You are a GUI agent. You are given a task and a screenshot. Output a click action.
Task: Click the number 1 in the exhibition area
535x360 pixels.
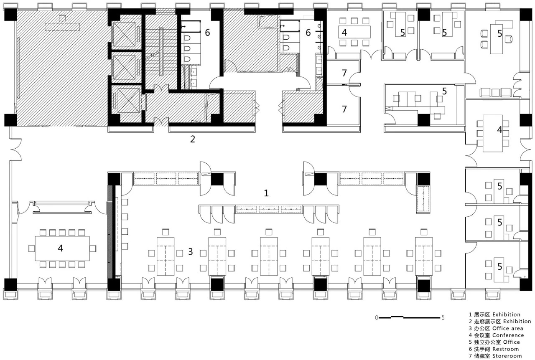266,193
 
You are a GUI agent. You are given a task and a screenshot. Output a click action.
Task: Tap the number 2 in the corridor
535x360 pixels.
193,139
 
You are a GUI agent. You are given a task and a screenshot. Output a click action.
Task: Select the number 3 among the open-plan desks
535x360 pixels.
190,251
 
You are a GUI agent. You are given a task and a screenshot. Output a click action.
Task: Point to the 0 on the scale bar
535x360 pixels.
377,318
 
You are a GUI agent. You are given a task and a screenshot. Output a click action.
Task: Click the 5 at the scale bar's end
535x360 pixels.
443,318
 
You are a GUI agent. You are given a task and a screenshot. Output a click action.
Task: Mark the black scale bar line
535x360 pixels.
409,317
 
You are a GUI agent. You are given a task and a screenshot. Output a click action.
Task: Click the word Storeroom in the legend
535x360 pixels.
507,356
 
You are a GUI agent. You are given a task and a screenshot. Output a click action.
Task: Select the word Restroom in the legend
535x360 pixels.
506,349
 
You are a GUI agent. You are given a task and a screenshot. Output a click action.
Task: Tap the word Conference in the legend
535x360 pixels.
508,335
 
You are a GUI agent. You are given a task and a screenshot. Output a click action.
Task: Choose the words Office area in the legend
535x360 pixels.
507,328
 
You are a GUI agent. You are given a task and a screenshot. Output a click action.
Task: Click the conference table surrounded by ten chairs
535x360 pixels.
62,248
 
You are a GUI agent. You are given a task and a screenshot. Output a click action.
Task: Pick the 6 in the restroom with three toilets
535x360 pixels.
207,33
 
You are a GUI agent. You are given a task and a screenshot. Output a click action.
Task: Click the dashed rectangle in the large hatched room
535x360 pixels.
62,27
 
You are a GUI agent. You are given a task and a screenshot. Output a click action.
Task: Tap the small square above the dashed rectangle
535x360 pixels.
62,18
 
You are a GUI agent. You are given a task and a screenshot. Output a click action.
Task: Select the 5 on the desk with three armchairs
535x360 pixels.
499,34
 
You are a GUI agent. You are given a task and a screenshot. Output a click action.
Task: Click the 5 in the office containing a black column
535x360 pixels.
444,91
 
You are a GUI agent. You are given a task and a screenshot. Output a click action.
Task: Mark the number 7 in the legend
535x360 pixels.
470,356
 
